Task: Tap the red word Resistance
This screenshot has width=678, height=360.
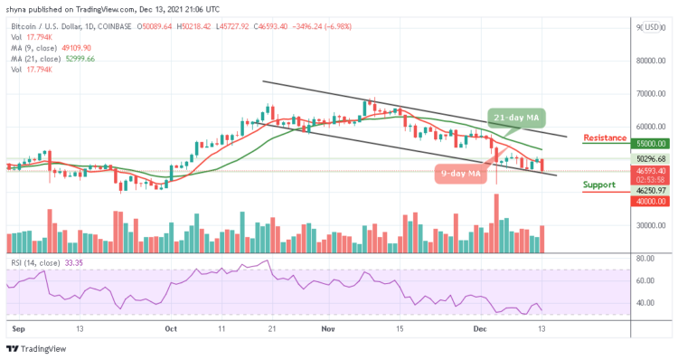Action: tap(607, 138)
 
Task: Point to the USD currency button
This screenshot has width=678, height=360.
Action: tap(649, 28)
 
